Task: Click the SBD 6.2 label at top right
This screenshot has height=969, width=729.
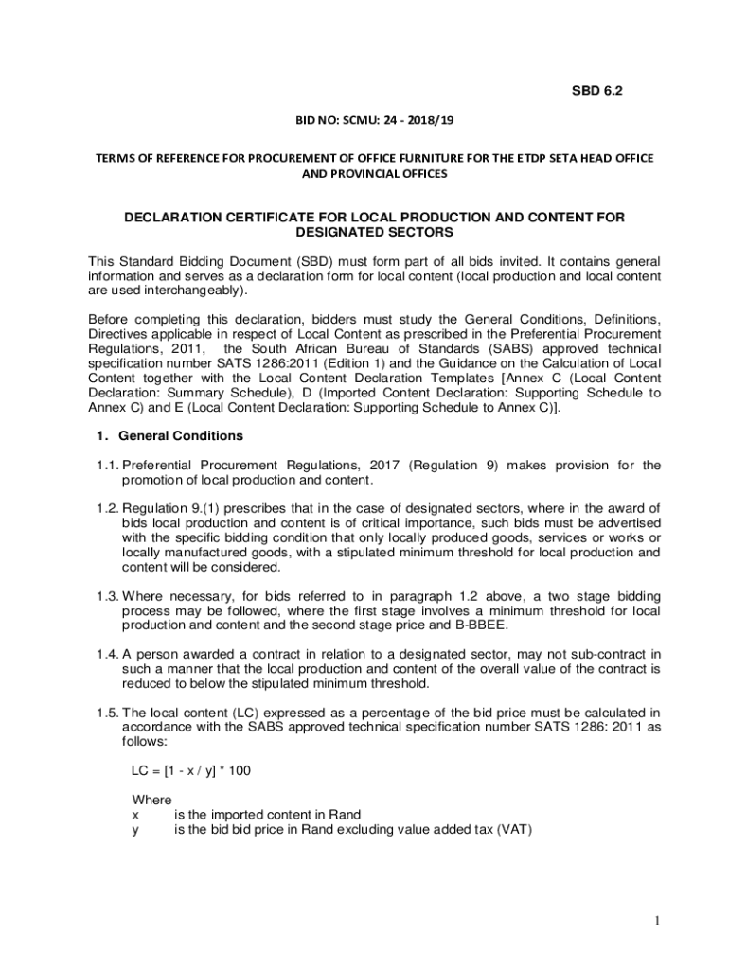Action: coord(596,91)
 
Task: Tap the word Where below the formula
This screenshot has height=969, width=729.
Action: coord(151,800)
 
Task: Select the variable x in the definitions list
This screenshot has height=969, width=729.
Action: coord(135,815)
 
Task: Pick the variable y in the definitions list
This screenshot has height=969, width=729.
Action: coord(135,830)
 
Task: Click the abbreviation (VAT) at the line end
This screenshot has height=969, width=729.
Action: coord(510,830)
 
